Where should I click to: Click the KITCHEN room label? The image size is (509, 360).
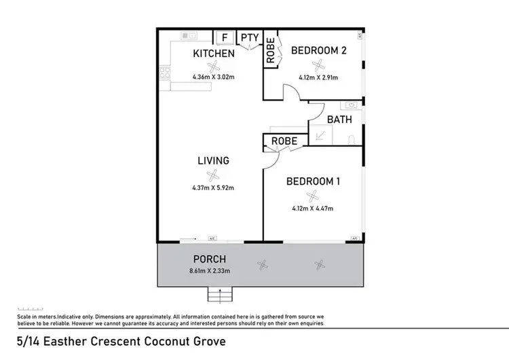click(x=214, y=54)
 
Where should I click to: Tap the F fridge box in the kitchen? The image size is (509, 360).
click(x=224, y=37)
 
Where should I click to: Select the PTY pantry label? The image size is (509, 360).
click(x=249, y=37)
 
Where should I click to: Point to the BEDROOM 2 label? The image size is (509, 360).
click(x=318, y=50)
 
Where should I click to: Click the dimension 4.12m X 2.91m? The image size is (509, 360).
click(x=318, y=77)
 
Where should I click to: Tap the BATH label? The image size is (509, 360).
click(x=339, y=120)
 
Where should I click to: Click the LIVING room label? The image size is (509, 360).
click(x=213, y=161)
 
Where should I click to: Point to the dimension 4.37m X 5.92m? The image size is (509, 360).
click(x=213, y=187)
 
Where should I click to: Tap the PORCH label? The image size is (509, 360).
click(x=210, y=259)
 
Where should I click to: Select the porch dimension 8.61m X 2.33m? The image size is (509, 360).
click(x=210, y=272)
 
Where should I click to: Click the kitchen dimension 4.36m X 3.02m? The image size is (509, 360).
click(x=214, y=77)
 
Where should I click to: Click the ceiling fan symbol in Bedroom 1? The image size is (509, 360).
click(x=312, y=196)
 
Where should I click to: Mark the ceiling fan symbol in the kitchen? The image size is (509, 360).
click(x=214, y=66)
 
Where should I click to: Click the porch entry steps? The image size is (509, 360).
click(x=218, y=295)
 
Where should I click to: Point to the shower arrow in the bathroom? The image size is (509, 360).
click(x=320, y=137)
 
